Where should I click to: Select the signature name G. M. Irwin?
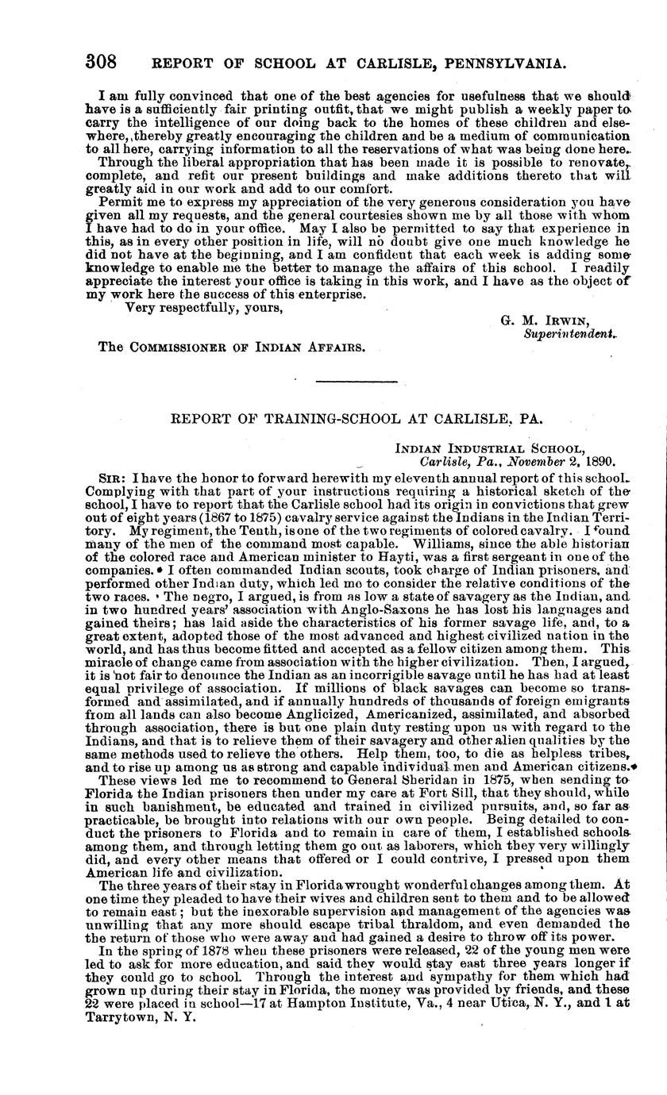tap(545, 321)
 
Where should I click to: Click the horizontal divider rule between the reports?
tap(345, 383)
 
